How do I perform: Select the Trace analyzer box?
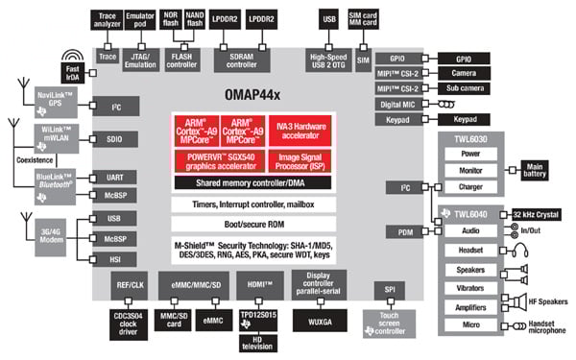click(108, 18)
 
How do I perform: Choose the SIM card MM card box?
click(364, 18)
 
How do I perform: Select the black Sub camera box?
click(465, 87)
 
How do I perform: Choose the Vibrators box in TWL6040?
click(470, 287)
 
